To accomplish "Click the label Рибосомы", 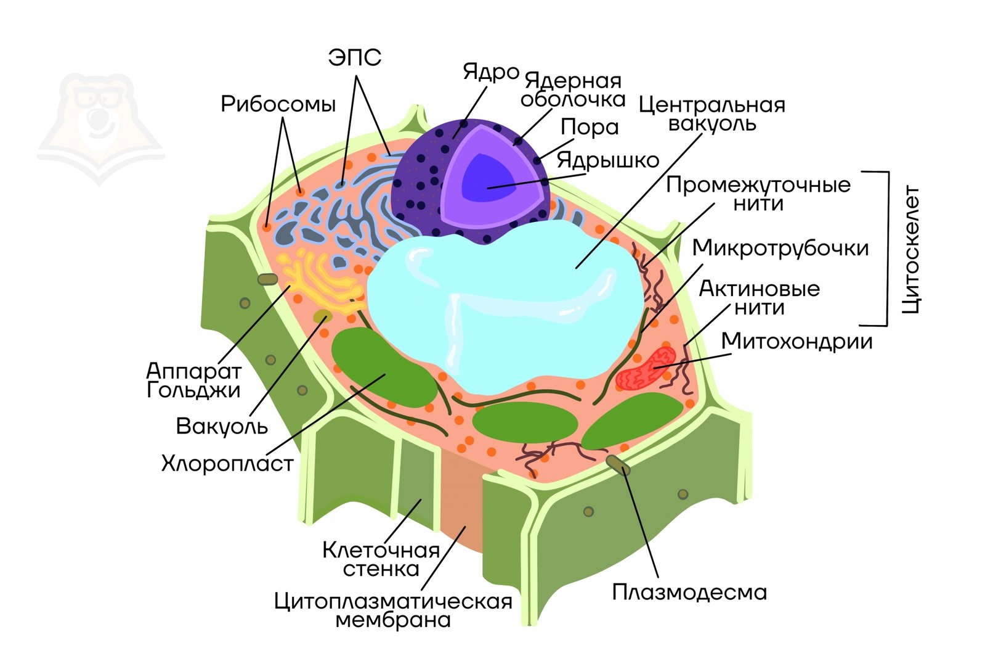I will click(x=278, y=104).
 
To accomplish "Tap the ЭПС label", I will click(x=354, y=58).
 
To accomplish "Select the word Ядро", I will click(x=491, y=72).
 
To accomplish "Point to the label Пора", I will click(x=590, y=127).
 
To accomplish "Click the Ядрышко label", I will click(x=607, y=160).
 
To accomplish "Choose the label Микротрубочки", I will click(x=780, y=248).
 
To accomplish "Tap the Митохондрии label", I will click(x=797, y=341).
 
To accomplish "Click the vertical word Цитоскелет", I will click(x=910, y=249).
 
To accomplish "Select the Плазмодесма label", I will click(x=689, y=592).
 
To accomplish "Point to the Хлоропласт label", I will click(x=227, y=463).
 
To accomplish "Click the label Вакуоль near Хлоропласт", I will click(x=222, y=426).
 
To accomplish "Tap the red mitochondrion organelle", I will click(x=647, y=369).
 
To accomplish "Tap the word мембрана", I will click(x=392, y=620).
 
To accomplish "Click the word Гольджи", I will click(x=193, y=390).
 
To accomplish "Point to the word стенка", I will click(x=381, y=569).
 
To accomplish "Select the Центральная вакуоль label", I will click(x=711, y=114).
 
